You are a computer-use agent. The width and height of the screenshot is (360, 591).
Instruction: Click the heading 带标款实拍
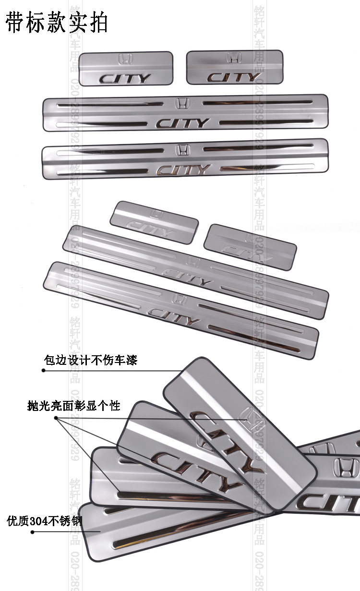point(57,23)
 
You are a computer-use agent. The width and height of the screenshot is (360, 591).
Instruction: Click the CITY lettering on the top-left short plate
point(125,78)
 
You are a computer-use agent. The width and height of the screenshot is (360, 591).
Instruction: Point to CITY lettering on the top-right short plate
point(234,77)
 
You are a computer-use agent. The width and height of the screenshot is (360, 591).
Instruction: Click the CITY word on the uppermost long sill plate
point(183,123)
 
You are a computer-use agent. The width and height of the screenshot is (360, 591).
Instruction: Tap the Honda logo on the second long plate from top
point(182,149)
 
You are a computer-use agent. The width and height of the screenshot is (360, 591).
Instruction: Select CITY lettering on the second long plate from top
point(184,169)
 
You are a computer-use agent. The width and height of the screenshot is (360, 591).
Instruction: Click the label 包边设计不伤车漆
point(90,360)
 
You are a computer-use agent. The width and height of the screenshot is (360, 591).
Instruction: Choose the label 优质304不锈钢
point(43,521)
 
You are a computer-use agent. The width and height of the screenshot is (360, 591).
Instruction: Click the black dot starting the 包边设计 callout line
point(43,370)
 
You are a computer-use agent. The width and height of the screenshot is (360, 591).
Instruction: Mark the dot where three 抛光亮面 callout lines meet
point(56,418)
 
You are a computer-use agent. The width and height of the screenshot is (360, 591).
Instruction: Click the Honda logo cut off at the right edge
point(347,466)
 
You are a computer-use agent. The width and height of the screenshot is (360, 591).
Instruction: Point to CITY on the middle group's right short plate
point(248,251)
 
